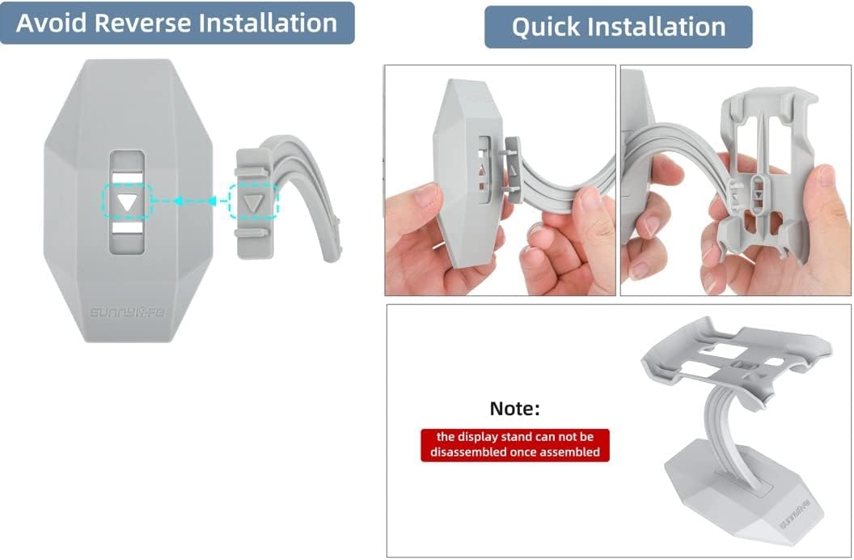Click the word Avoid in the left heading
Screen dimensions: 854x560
(x=52, y=23)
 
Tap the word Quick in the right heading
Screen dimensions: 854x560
(x=545, y=27)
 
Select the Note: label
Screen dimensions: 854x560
(x=514, y=409)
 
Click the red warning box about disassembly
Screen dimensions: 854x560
(x=514, y=444)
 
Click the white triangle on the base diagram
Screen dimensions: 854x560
(x=128, y=202)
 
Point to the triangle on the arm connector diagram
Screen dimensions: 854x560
(x=252, y=204)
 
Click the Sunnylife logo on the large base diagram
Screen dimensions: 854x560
(x=127, y=312)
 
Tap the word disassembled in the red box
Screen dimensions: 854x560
(x=468, y=452)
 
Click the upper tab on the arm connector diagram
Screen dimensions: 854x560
(x=252, y=171)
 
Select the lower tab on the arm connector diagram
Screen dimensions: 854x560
(x=252, y=233)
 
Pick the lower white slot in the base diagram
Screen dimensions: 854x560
(x=128, y=227)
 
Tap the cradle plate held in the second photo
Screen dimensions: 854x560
(x=768, y=174)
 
